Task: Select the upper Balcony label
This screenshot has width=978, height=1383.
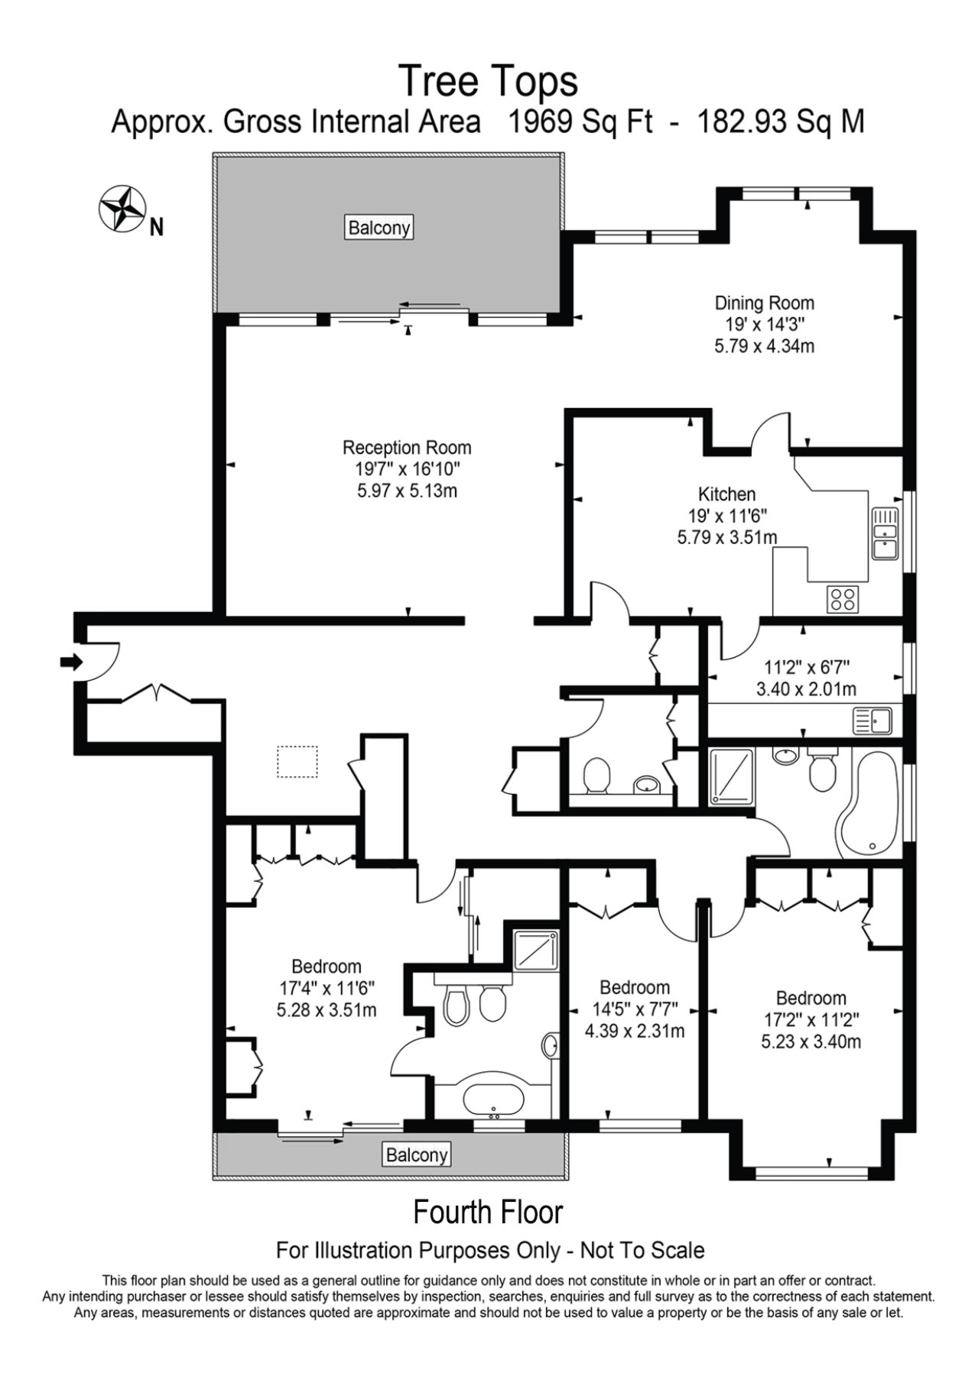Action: (x=379, y=228)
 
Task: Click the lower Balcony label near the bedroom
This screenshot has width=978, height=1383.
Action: (x=416, y=1154)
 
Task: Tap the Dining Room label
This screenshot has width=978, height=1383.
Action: (x=764, y=303)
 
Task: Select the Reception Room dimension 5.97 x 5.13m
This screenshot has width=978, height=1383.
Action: (x=407, y=491)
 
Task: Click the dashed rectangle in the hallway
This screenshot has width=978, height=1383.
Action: (x=297, y=762)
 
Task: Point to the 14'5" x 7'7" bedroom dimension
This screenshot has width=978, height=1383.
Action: (x=635, y=1009)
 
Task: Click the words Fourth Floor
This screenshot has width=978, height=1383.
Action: (x=488, y=1213)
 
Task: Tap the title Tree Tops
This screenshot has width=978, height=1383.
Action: (x=488, y=81)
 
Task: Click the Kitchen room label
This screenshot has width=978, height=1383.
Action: (x=726, y=494)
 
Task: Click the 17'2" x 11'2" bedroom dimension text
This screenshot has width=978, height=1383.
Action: (x=811, y=1019)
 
